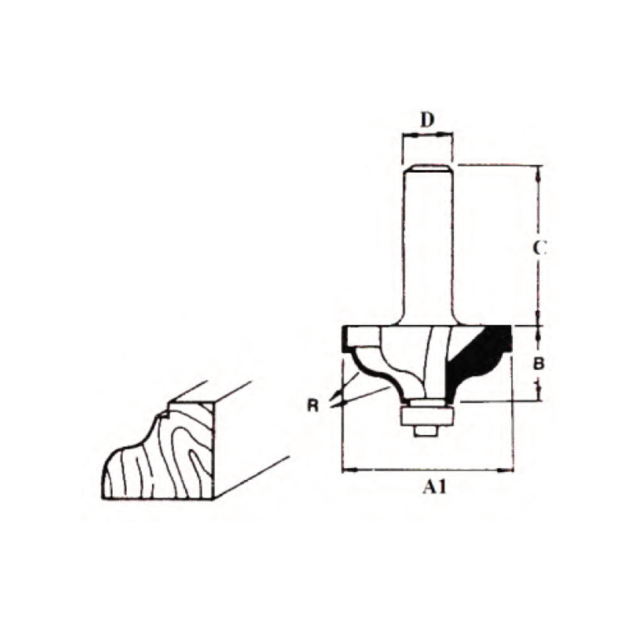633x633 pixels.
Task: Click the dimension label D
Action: click(428, 120)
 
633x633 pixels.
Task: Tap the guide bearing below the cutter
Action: click(428, 415)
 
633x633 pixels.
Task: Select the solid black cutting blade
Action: click(478, 361)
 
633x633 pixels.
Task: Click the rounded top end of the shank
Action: click(428, 168)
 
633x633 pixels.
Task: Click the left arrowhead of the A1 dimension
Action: click(346, 470)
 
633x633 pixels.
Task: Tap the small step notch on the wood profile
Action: click(163, 415)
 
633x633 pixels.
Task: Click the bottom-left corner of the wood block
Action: click(104, 498)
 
